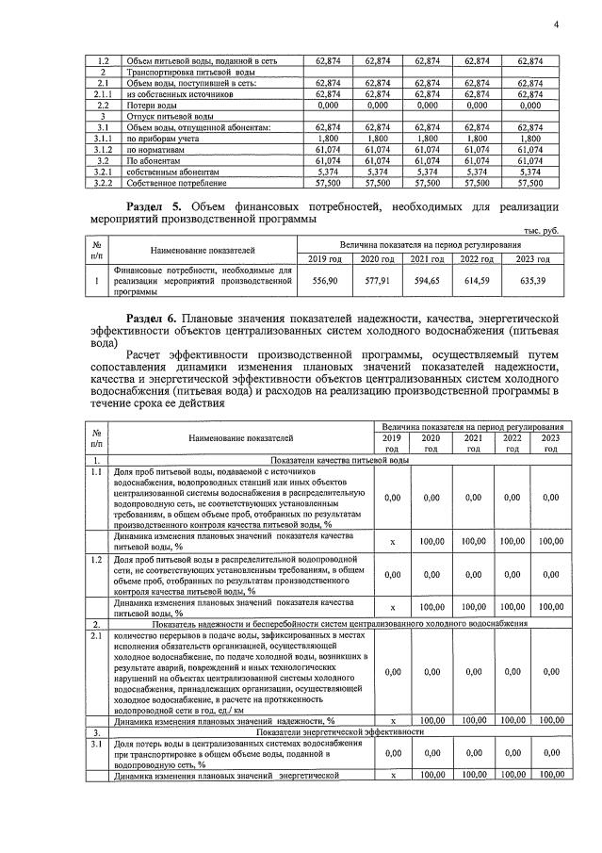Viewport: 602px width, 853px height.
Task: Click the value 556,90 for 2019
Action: pyautogui.click(x=325, y=281)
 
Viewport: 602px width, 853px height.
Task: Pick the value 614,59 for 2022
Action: pyautogui.click(x=477, y=281)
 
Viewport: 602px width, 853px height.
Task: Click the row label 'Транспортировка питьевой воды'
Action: pyautogui.click(x=185, y=73)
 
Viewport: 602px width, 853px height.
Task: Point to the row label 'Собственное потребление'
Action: pyautogui.click(x=174, y=184)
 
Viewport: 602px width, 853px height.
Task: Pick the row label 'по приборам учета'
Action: pyautogui.click(x=164, y=139)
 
